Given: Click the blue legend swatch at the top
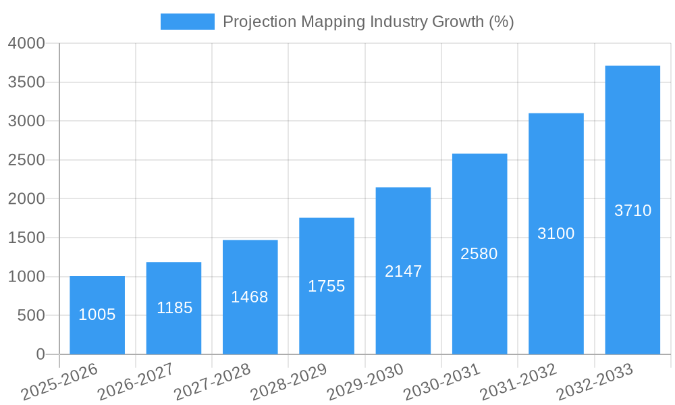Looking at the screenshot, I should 187,22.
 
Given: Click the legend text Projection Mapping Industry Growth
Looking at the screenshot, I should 368,22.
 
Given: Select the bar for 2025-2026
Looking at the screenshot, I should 97,315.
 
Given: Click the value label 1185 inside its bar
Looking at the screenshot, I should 174,308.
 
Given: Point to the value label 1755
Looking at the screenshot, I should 326,286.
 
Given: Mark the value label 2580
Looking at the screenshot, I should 479,254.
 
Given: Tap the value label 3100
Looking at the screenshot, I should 556,234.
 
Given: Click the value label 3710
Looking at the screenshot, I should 632,211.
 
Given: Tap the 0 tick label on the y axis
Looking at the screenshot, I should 40,354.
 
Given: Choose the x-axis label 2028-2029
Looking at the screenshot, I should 289,382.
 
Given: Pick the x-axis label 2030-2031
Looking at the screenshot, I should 442,382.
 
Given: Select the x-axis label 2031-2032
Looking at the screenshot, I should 518,382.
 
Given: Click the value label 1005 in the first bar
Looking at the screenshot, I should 97,315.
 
